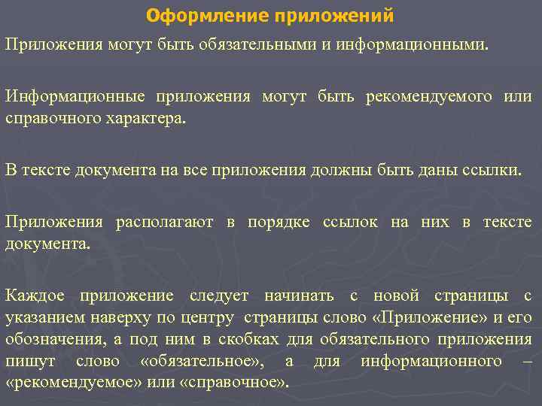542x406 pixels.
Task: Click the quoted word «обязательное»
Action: click(x=202, y=362)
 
